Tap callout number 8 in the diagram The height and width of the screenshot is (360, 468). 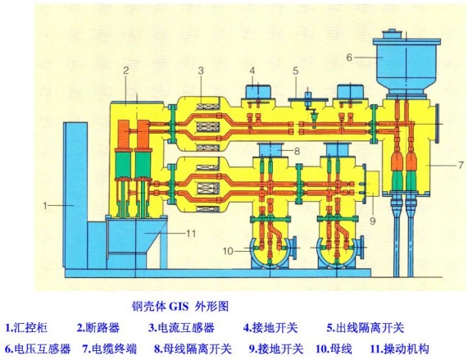(x=298, y=151)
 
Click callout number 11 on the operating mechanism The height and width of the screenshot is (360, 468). (x=191, y=234)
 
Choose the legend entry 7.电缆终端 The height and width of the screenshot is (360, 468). (x=110, y=348)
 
